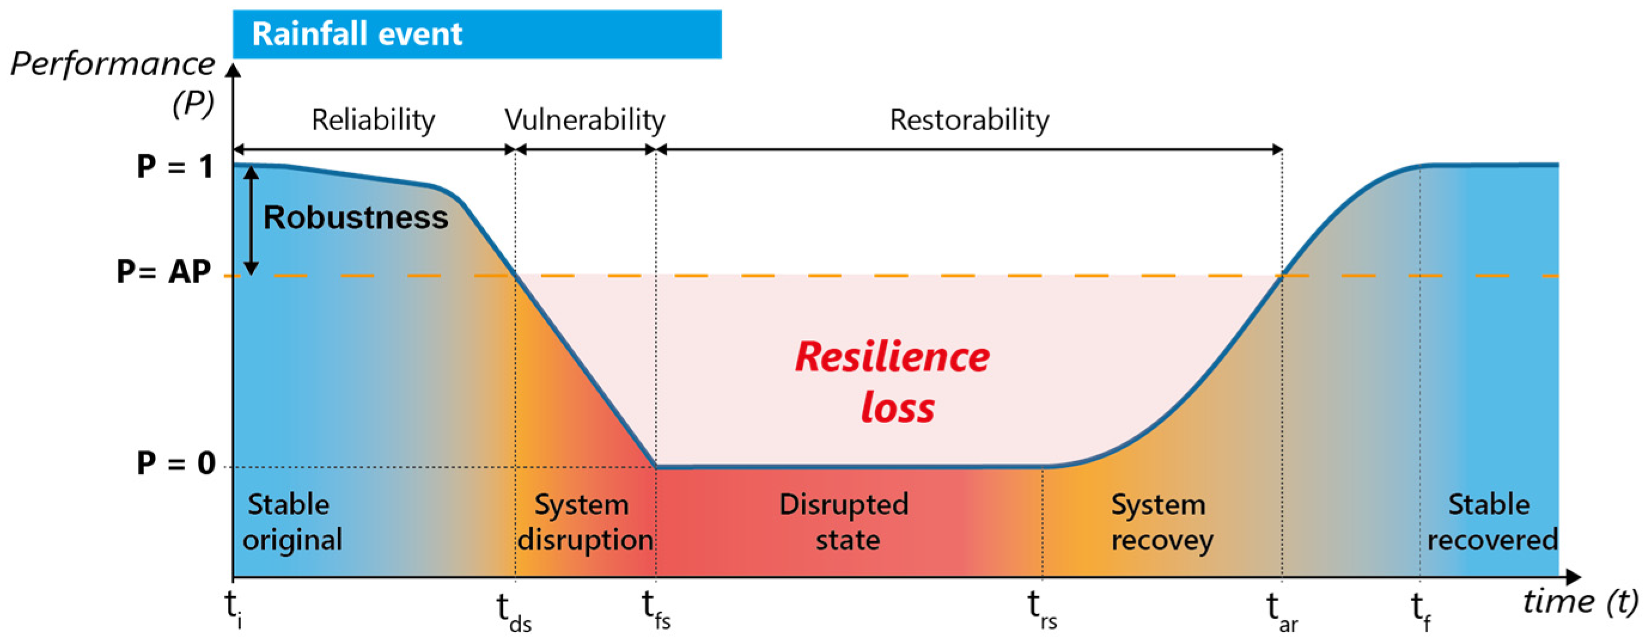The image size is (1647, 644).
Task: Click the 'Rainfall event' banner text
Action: coord(357,34)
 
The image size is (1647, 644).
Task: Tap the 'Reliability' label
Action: coord(373,120)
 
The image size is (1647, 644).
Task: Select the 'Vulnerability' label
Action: coord(584,120)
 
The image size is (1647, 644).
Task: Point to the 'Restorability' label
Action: coord(969,120)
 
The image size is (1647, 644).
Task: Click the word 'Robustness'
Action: coord(355,218)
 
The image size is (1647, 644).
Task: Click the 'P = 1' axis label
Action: coord(175,167)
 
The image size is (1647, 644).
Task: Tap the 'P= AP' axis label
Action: coord(164,272)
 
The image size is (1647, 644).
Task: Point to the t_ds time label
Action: coord(513,612)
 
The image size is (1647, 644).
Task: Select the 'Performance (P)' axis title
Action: coord(114,83)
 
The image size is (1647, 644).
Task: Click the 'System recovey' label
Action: coord(1161,523)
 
